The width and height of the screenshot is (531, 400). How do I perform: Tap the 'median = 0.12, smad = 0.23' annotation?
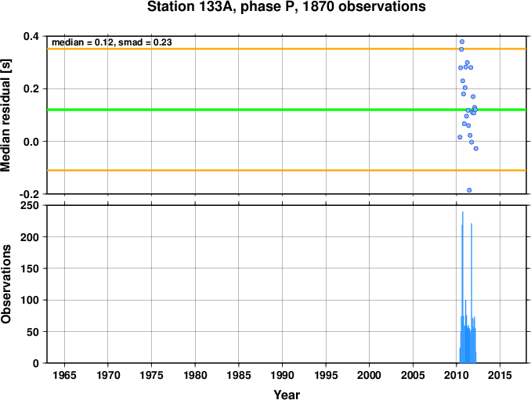click(112, 42)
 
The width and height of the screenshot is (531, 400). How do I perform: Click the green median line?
click(287, 110)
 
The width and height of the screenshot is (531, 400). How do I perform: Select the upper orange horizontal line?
click(287, 49)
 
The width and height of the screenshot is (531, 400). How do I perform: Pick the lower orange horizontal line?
click(287, 170)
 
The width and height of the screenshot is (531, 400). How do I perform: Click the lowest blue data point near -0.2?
click(469, 190)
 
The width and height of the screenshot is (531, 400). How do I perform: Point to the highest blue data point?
click(462, 41)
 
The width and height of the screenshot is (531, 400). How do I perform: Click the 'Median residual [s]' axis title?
click(5, 115)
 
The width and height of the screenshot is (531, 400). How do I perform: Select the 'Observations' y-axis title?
click(5, 284)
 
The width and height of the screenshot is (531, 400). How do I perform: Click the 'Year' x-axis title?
click(287, 395)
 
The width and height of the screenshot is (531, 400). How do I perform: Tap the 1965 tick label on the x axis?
click(64, 375)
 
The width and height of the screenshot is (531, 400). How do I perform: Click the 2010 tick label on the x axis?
click(457, 375)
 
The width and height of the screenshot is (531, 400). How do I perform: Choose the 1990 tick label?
click(282, 375)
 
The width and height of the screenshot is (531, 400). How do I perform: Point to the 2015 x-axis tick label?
click(500, 375)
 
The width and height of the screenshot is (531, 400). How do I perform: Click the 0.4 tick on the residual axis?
click(31, 36)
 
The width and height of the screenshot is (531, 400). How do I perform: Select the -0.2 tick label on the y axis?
click(29, 194)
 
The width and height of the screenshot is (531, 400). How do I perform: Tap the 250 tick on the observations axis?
click(30, 205)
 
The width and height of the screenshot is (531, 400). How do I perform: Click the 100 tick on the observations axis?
click(30, 300)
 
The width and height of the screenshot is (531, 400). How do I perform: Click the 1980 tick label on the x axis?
click(195, 375)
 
